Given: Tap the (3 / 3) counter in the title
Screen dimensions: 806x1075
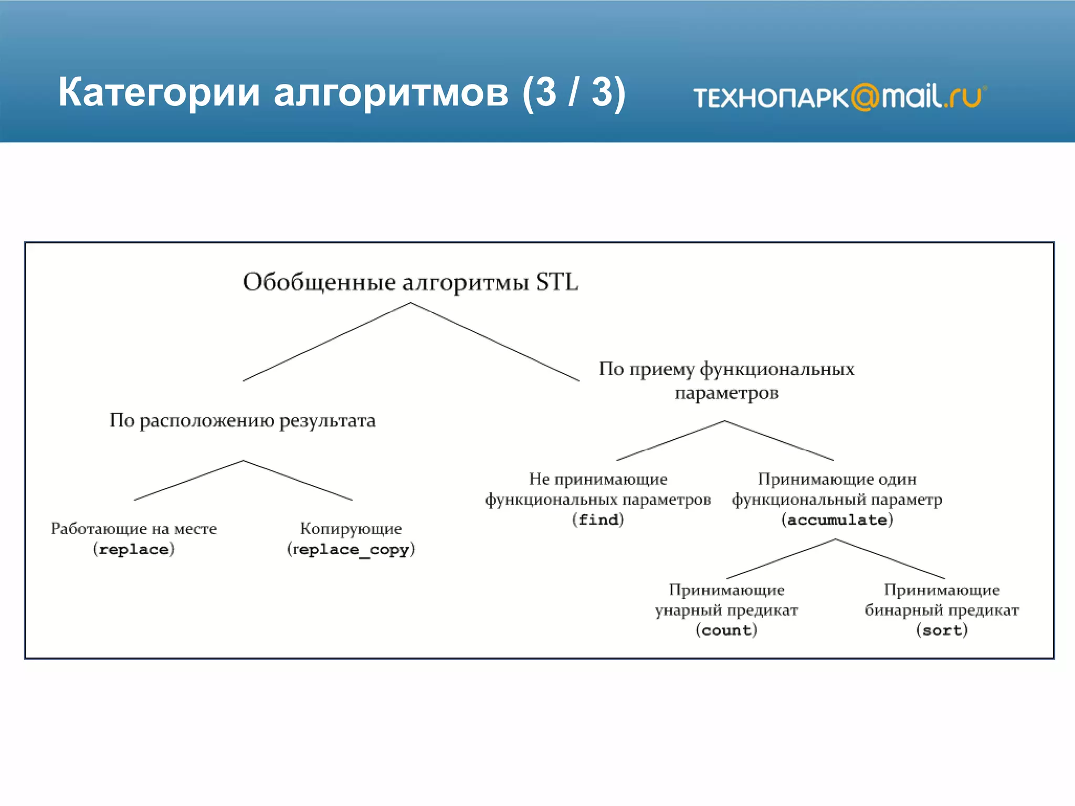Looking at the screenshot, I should [x=574, y=92].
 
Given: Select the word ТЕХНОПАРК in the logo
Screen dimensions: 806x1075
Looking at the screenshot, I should [x=771, y=98].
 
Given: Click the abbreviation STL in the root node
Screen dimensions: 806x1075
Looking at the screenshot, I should [x=556, y=282].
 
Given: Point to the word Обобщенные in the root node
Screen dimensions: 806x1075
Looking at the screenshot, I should [x=319, y=283].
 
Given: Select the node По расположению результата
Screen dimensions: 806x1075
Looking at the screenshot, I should [x=242, y=420].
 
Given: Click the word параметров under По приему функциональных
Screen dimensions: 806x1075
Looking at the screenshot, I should [x=726, y=393].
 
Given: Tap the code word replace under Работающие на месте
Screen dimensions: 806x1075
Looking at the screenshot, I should [x=134, y=549].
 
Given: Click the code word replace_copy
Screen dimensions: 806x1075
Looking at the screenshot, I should [x=351, y=549].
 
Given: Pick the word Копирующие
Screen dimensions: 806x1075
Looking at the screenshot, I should [x=351, y=528].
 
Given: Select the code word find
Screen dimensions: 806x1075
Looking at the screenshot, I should [x=598, y=520].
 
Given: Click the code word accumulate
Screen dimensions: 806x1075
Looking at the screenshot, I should [x=837, y=520].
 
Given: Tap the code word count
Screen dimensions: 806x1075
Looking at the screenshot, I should [x=726, y=630].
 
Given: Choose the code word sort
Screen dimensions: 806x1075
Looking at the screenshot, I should [x=941, y=630].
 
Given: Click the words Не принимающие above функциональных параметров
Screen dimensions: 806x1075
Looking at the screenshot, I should [x=598, y=479].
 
